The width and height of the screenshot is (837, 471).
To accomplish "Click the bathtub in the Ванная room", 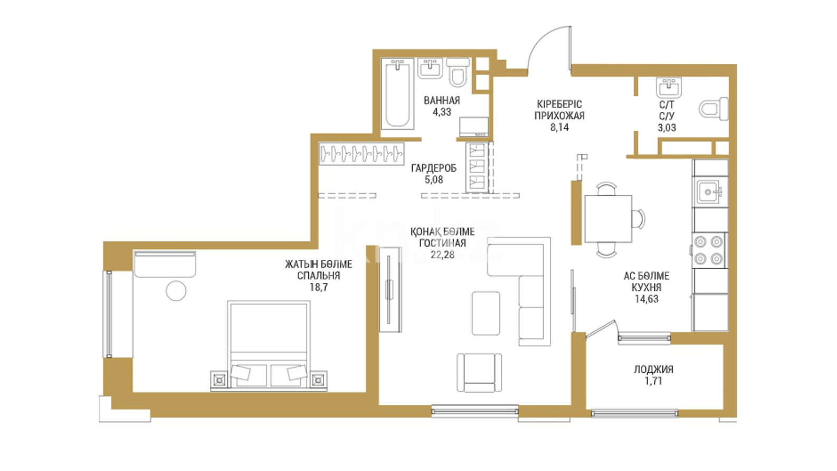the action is [x=397, y=94].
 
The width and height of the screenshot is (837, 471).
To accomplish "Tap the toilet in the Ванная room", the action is [x=458, y=72].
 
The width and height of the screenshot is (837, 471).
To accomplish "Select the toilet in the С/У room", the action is [x=714, y=109].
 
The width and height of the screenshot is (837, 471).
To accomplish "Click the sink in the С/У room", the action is [x=669, y=88].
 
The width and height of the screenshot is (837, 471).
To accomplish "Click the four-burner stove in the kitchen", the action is [x=708, y=250].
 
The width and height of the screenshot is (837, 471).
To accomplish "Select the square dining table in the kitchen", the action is [x=608, y=219].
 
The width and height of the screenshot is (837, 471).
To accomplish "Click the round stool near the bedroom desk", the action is [x=176, y=290].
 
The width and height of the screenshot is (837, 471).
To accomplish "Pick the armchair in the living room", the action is [x=479, y=373].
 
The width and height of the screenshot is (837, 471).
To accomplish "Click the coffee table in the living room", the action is [x=486, y=313].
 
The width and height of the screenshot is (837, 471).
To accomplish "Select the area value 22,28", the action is [x=442, y=255].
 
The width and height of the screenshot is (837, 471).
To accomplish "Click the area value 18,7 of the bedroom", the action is [x=319, y=287].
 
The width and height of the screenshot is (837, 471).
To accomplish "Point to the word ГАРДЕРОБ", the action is [x=434, y=168].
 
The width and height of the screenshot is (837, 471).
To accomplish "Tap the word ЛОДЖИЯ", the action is [x=653, y=370].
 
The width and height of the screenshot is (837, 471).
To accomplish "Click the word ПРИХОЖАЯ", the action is [x=559, y=116].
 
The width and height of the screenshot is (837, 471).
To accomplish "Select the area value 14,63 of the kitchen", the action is [x=646, y=299].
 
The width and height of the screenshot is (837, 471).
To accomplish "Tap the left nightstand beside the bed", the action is [x=220, y=380].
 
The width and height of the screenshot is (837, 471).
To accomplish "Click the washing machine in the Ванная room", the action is [x=474, y=127].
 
